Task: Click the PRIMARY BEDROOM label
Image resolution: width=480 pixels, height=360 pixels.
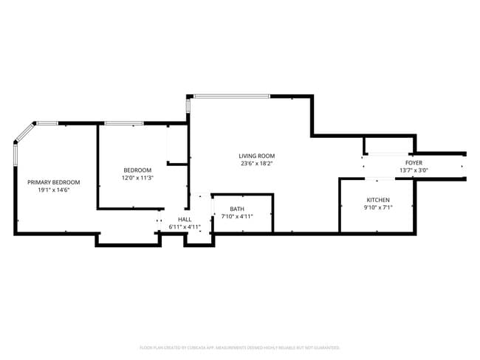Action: click(x=54, y=182)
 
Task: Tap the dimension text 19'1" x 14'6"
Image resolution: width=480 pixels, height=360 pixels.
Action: click(x=54, y=190)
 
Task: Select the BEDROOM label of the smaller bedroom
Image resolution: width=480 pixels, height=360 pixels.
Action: click(x=137, y=170)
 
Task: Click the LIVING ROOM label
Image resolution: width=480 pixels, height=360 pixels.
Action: click(x=256, y=156)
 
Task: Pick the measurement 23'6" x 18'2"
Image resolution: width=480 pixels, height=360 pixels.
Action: click(x=256, y=164)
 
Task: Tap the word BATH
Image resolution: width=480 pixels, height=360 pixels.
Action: click(x=237, y=209)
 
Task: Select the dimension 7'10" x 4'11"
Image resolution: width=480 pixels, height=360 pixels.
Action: click(x=237, y=216)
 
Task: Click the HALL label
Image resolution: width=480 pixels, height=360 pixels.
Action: click(x=185, y=219)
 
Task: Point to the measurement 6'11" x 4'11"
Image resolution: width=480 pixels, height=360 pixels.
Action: click(x=185, y=226)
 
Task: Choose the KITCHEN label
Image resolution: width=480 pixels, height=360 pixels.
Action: click(x=379, y=201)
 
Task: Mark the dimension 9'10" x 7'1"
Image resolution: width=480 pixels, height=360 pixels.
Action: click(x=379, y=208)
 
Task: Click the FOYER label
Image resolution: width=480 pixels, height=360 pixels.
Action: click(x=414, y=162)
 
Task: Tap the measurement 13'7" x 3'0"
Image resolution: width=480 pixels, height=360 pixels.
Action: click(x=414, y=170)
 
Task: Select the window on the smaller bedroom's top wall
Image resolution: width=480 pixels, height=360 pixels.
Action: click(x=124, y=123)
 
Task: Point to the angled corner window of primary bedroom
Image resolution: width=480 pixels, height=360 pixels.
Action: click(x=24, y=132)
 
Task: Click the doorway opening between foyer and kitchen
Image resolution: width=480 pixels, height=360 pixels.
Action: click(x=384, y=179)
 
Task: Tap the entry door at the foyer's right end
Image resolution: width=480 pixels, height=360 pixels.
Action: click(x=464, y=167)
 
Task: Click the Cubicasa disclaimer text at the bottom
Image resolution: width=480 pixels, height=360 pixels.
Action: click(x=239, y=347)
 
